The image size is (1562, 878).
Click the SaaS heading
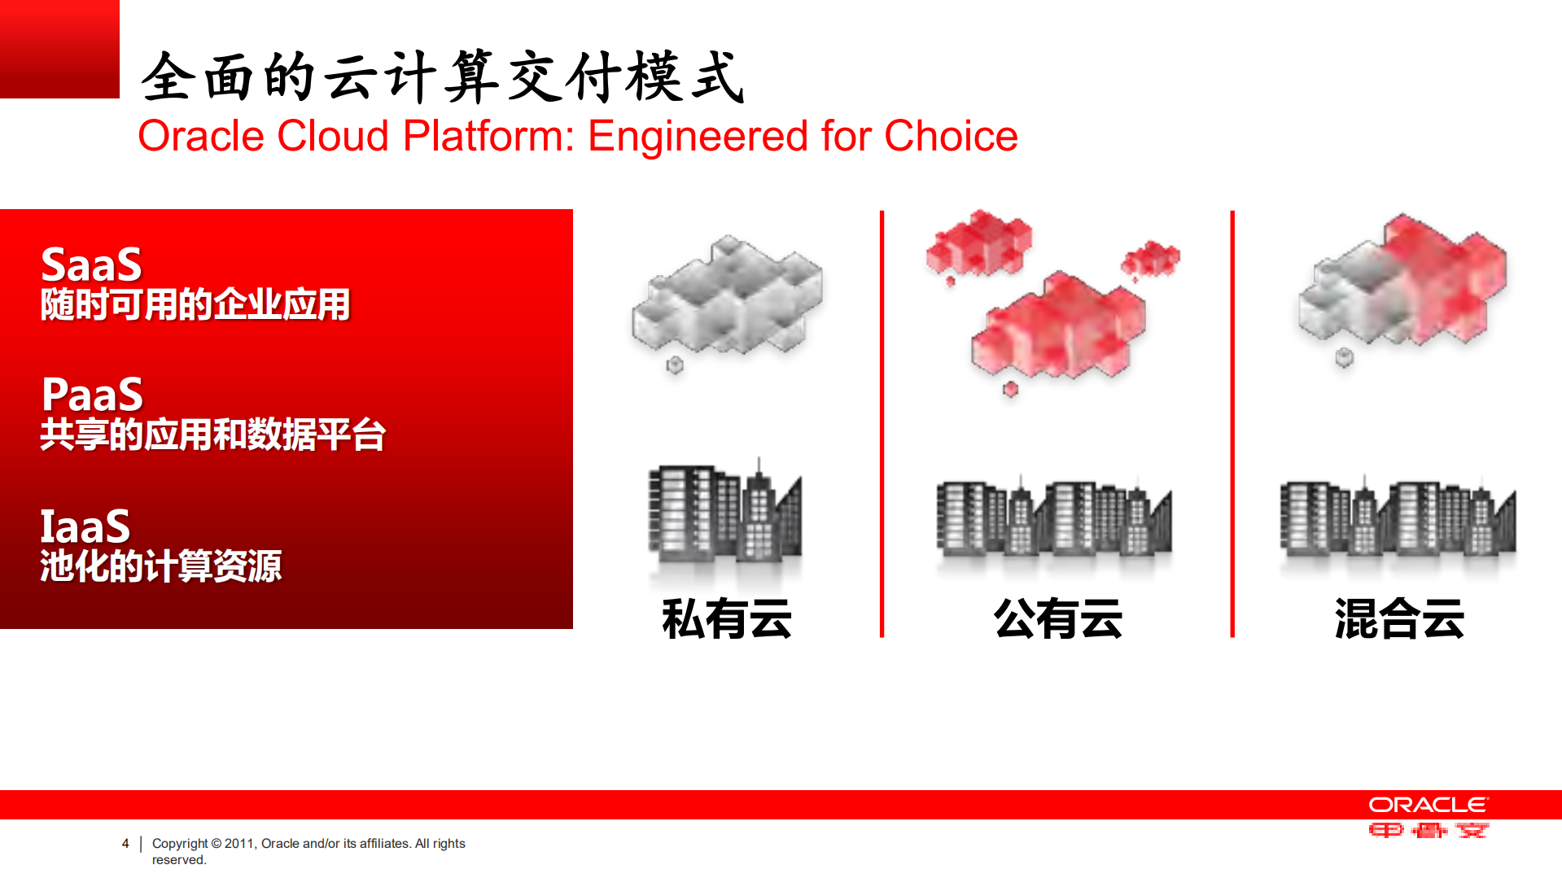point(91,264)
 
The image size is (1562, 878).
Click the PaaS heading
point(92,395)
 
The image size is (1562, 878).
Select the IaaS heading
point(85,526)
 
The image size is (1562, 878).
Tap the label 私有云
point(726,618)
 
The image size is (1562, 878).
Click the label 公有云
point(1057,618)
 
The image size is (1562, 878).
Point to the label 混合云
point(1398,618)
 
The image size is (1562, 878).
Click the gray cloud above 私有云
point(727,297)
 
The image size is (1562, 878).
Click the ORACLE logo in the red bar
point(1428,805)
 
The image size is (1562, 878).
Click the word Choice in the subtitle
point(951,136)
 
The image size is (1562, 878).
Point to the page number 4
point(125,843)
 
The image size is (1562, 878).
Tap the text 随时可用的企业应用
point(195,305)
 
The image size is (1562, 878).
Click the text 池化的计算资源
point(161,566)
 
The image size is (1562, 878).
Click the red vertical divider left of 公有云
point(882,423)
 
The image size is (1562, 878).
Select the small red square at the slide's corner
point(59,49)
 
